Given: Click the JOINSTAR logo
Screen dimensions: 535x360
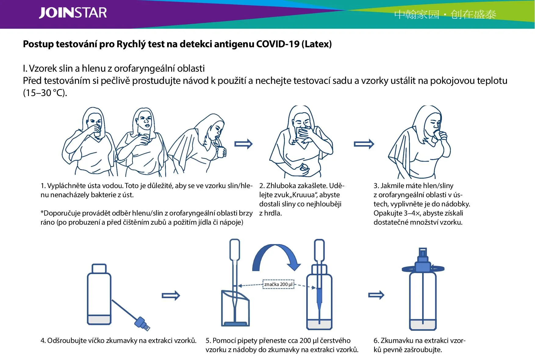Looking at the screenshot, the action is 73,13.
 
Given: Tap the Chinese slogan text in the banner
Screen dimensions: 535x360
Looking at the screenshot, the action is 445,14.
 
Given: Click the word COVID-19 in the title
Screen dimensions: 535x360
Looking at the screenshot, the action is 278,44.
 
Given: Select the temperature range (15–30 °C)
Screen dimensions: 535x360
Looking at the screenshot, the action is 45,93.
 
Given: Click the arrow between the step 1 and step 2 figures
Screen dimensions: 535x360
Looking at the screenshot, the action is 243,144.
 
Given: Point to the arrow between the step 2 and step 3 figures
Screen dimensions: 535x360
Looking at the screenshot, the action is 364,144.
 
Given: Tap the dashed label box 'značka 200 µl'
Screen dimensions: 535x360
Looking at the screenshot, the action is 278,284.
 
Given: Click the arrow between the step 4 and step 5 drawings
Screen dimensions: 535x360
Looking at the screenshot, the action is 171,295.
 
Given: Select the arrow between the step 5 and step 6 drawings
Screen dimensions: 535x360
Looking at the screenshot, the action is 376,295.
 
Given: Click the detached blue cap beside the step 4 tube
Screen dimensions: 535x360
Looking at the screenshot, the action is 142,324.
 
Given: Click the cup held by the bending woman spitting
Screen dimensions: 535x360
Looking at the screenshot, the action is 221,152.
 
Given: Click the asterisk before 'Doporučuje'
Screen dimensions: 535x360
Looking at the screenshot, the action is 42,212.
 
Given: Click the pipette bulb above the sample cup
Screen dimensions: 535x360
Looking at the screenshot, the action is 235,249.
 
